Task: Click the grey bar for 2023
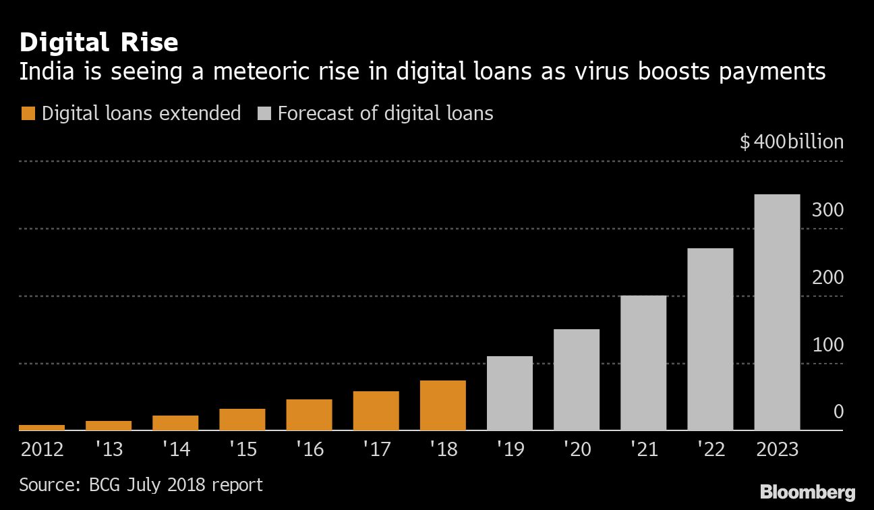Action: point(777,312)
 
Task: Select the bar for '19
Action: point(509,393)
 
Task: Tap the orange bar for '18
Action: point(442,405)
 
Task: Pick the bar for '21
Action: point(643,362)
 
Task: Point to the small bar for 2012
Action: point(42,427)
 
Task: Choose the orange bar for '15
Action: point(242,419)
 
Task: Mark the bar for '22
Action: point(710,339)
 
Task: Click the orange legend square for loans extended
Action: point(28,113)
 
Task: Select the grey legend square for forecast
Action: point(264,113)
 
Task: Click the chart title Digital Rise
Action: point(98,43)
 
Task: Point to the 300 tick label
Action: point(827,210)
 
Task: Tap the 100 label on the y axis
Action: point(827,345)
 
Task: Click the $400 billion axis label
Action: point(791,142)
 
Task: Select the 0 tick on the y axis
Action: point(838,412)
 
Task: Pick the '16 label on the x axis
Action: point(309,449)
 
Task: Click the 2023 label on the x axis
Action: point(777,449)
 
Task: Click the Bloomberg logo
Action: point(807,492)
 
